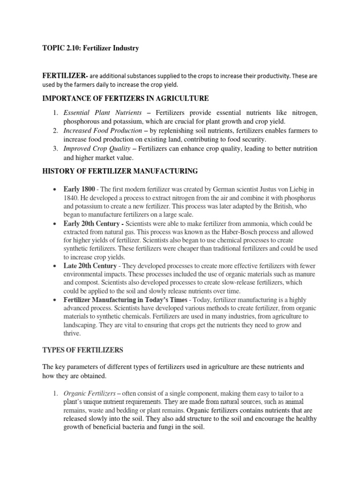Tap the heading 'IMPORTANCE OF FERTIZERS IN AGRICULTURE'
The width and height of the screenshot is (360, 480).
click(x=126, y=98)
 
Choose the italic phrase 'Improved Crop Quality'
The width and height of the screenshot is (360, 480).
click(x=97, y=148)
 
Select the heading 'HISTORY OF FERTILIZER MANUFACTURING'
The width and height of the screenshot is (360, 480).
click(x=120, y=172)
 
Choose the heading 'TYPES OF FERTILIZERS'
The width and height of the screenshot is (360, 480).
click(x=83, y=351)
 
